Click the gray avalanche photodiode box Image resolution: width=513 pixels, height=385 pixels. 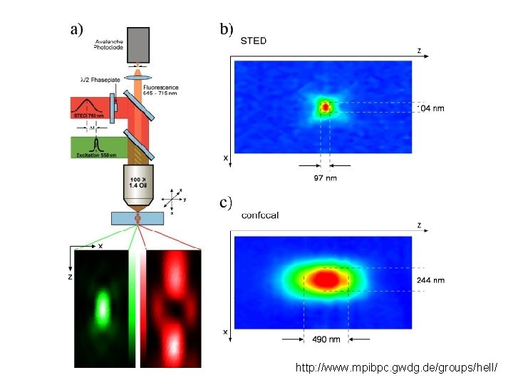point(138,44)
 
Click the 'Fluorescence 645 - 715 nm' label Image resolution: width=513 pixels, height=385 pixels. point(160,89)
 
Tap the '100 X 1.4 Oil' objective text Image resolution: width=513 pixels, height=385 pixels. point(138,181)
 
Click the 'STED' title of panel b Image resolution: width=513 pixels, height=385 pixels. point(254,41)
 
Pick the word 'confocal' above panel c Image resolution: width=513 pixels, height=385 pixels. point(260,215)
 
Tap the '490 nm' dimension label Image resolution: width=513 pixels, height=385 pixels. point(326,339)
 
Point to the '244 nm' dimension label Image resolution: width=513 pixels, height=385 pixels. point(430,280)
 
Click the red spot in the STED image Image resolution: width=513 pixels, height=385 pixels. point(326,107)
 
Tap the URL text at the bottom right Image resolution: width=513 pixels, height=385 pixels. point(397,368)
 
